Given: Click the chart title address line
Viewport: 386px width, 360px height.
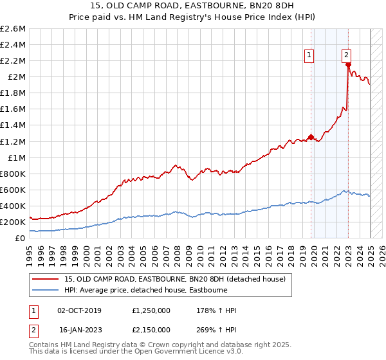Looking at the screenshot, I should pos(193,7).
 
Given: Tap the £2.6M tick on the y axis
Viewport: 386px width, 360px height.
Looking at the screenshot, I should pos(14,29).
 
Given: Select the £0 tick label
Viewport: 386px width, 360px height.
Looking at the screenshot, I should pos(21,238).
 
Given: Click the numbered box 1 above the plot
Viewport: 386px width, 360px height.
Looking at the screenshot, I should pos(310,56).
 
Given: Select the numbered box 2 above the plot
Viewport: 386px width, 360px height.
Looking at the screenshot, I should pos(346,56).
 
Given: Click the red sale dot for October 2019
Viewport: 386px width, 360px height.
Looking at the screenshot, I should pos(311,137).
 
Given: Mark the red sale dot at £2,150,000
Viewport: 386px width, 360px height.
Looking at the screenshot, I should pos(348,65).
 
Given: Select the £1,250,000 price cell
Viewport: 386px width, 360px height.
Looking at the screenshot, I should pos(152,310).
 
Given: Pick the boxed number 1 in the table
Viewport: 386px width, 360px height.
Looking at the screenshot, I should pos(33,310).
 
